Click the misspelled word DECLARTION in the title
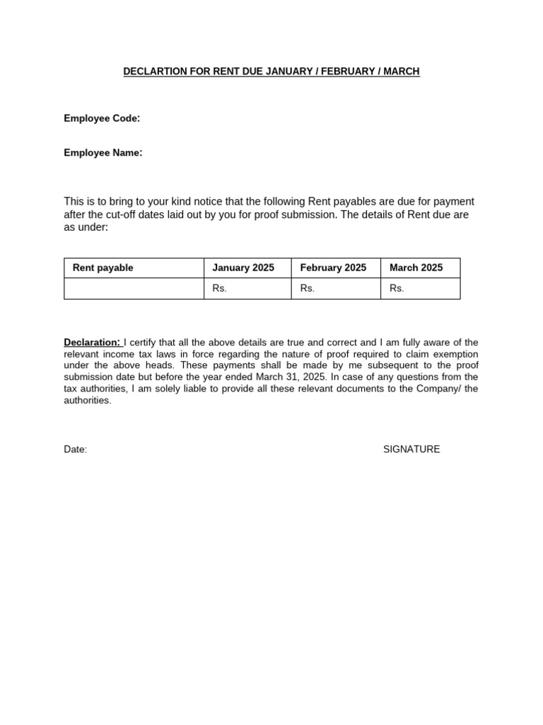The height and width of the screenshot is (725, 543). pyautogui.click(x=156, y=72)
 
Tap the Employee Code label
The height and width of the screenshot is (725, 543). pyautogui.click(x=102, y=118)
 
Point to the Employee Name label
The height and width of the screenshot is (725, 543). pyautogui.click(x=103, y=152)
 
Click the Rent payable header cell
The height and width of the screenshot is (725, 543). pyautogui.click(x=103, y=268)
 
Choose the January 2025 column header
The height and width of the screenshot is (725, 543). pyautogui.click(x=243, y=268)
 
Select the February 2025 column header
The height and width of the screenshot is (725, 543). pyautogui.click(x=333, y=268)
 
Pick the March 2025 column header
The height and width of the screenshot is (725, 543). pyautogui.click(x=416, y=268)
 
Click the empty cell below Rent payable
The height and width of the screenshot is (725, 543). pyautogui.click(x=134, y=288)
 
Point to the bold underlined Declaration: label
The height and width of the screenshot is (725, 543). pyautogui.click(x=92, y=343)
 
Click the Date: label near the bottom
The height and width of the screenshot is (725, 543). pyautogui.click(x=76, y=450)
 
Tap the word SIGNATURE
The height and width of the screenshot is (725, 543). pyautogui.click(x=411, y=450)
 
